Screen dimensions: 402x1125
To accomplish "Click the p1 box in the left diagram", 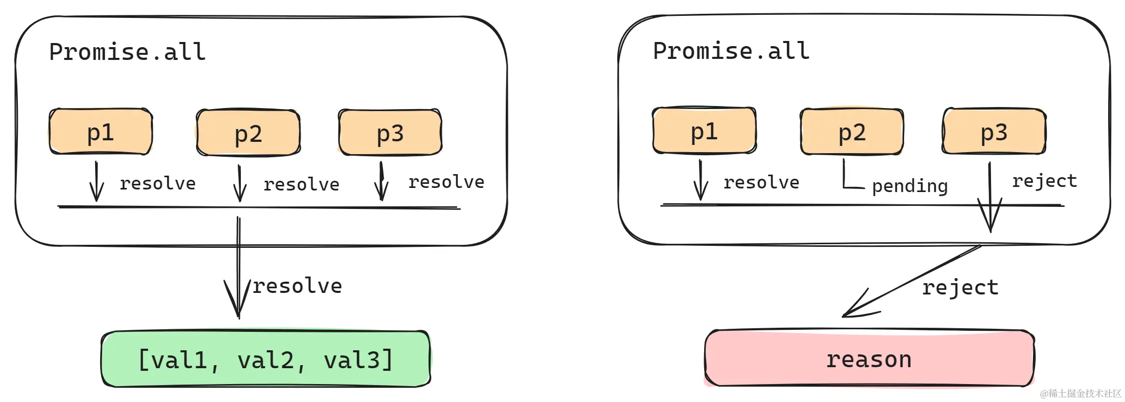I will point(101,132).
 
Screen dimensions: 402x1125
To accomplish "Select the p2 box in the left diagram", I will point(248,133).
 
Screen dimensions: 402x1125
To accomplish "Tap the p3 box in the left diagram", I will point(390,133).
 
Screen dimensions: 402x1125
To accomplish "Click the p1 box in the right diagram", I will point(704,131).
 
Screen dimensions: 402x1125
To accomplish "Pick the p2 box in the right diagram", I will point(851,132).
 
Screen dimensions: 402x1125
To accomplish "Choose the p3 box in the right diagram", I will point(994,132).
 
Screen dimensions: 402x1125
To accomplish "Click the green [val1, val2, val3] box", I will point(265,359).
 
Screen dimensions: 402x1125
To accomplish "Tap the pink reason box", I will point(869,358).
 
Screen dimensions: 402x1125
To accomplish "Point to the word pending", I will point(909,185).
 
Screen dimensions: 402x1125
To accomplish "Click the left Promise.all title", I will point(127,52).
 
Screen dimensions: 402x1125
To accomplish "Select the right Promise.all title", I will point(731,51).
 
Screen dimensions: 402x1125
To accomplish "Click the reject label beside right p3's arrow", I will point(1044,181).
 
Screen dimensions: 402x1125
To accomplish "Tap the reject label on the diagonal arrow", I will point(960,287).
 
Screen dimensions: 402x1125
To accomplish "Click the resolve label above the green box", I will point(297,286).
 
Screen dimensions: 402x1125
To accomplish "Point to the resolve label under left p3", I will point(446,182).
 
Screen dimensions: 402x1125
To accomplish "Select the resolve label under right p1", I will point(761,182).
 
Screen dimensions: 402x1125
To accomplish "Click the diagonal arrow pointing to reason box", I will point(910,282).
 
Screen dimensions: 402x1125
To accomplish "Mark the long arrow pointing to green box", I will point(238,266).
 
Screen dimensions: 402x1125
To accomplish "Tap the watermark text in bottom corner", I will point(1080,393).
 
